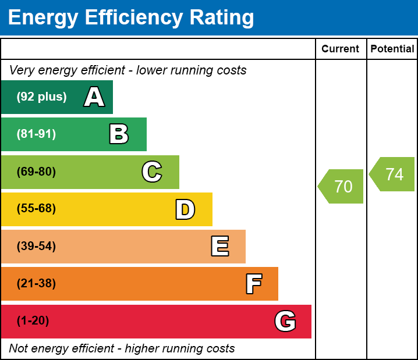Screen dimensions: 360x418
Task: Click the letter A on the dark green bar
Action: coord(94,97)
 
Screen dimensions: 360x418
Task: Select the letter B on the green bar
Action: coord(119,134)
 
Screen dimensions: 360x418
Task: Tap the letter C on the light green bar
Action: coord(151,172)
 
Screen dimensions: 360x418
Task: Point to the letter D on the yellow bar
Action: coord(185,209)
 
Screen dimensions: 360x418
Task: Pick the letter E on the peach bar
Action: coord(219,247)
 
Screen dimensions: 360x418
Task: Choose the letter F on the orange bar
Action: coord(253,284)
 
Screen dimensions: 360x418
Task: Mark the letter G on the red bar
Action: coord(285,321)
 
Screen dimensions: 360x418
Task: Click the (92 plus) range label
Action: coord(41,97)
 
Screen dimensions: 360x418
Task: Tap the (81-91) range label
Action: coord(36,134)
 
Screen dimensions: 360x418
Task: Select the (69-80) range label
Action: coord(36,172)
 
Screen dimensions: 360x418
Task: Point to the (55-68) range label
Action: coord(36,209)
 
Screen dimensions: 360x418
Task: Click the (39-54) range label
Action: coord(36,246)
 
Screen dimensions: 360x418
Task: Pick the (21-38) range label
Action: coord(36,284)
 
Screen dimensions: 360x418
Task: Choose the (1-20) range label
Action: coord(33,321)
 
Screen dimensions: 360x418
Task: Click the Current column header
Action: coord(341,49)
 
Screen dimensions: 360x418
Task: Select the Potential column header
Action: coord(392,49)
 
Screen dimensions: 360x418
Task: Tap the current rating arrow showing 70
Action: coord(342,187)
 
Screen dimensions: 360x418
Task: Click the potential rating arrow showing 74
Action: coord(393,174)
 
